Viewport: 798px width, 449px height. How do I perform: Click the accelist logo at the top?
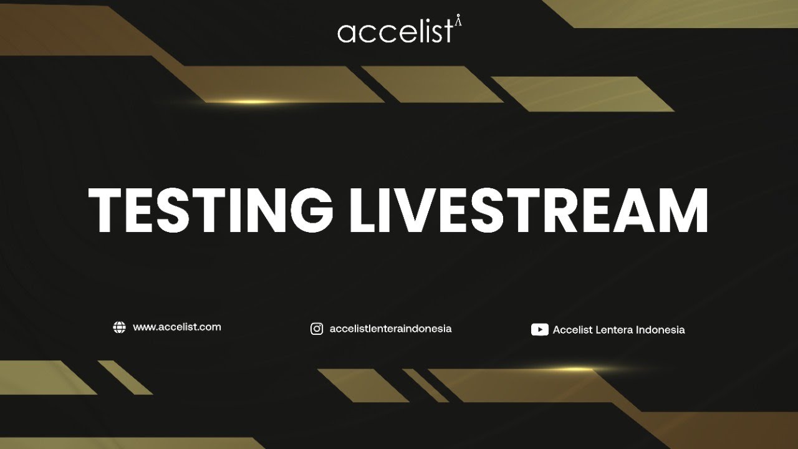(x=399, y=31)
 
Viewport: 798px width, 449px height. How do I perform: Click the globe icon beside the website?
(x=119, y=327)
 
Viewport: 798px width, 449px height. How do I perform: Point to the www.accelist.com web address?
(x=177, y=327)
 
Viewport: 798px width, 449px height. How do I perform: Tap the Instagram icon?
(x=317, y=329)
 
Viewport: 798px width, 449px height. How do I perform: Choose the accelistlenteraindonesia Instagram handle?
(x=390, y=329)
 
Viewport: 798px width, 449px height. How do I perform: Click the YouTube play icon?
(x=539, y=330)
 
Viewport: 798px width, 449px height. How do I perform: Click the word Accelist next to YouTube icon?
(x=572, y=330)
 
